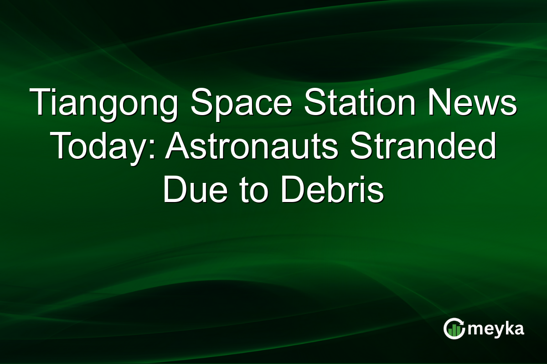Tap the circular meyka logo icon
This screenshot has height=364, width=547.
(x=454, y=329)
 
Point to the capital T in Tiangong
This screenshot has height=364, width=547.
(x=41, y=103)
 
